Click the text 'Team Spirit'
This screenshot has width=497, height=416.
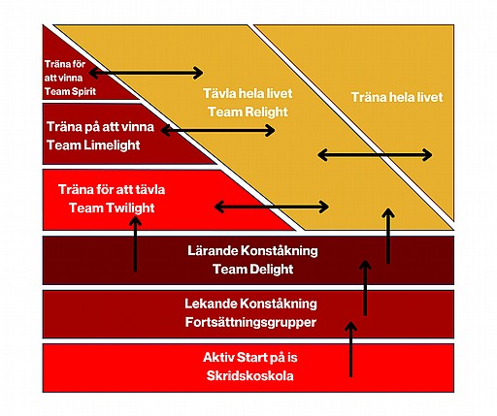pyautogui.click(x=70, y=91)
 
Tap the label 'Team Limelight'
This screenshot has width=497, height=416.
pyautogui.click(x=93, y=145)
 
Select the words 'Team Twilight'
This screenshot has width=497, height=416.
pyautogui.click(x=112, y=208)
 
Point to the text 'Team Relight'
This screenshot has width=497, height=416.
pyautogui.click(x=248, y=112)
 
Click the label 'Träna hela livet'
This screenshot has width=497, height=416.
pyautogui.click(x=397, y=97)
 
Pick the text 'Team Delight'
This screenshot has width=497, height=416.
pyautogui.click(x=253, y=269)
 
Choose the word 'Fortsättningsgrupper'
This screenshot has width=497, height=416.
pyautogui.click(x=250, y=322)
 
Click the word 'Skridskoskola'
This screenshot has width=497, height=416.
pyautogui.click(x=250, y=376)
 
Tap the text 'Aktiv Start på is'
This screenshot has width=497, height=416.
pyautogui.click(x=250, y=358)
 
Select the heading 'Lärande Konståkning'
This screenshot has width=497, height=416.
pyautogui.click(x=252, y=251)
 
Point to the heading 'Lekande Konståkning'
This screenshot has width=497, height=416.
pyautogui.click(x=250, y=304)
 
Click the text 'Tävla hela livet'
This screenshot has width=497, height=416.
pyautogui.click(x=248, y=93)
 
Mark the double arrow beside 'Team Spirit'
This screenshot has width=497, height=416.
pyautogui.click(x=146, y=73)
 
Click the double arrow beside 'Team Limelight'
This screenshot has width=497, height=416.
pyautogui.click(x=217, y=131)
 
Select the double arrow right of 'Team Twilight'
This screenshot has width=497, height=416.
pyautogui.click(x=272, y=207)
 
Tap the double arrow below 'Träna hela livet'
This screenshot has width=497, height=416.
pyautogui.click(x=375, y=155)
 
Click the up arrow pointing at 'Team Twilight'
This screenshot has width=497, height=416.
pyautogui.click(x=135, y=244)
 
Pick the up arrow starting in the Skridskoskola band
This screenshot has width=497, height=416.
pyautogui.click(x=350, y=349)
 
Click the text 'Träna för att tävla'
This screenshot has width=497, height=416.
pyautogui.click(x=112, y=189)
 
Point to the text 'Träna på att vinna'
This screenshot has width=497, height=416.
pyautogui.click(x=100, y=127)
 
